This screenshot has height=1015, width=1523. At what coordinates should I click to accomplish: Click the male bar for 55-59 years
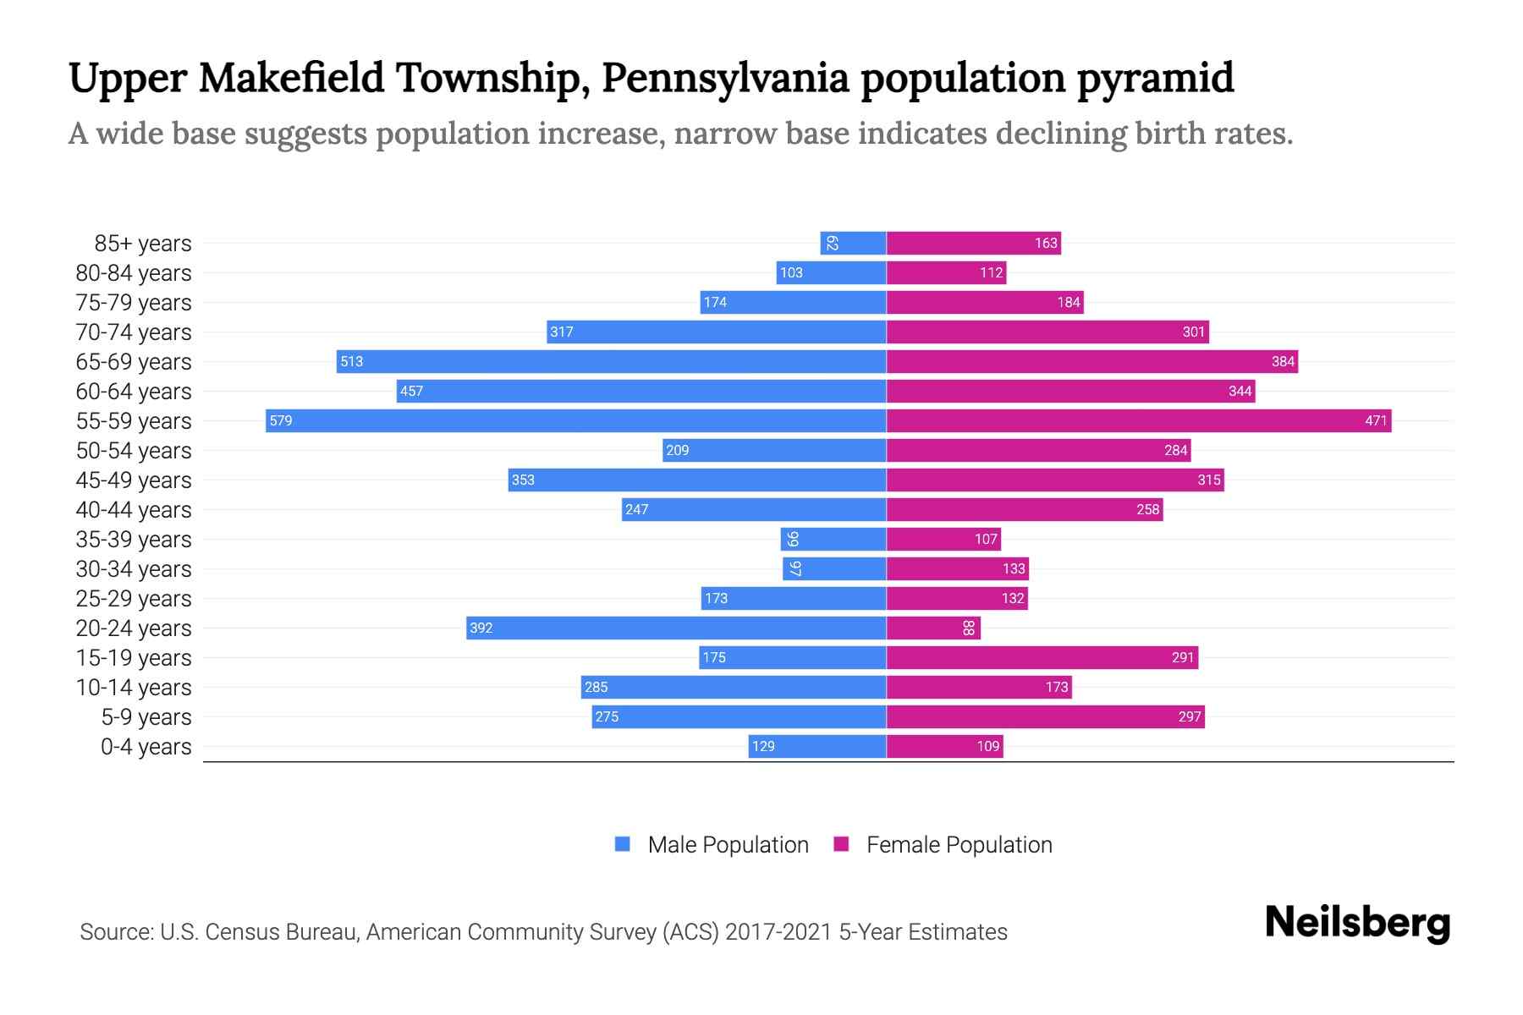(575, 420)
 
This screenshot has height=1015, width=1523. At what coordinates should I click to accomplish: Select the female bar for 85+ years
(973, 243)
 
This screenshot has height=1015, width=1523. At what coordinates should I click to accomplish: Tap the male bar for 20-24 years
(677, 628)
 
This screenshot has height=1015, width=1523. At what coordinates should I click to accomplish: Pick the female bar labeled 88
(933, 628)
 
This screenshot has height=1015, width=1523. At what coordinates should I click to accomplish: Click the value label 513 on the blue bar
(351, 361)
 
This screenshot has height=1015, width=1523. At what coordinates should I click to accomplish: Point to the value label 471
(1376, 420)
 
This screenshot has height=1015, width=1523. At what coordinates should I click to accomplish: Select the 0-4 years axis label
(146, 746)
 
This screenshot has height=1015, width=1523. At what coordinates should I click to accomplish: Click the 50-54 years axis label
(134, 450)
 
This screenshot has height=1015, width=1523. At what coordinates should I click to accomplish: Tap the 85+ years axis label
(143, 243)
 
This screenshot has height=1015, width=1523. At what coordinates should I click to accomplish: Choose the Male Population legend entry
(728, 844)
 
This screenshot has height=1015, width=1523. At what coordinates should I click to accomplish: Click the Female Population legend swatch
(841, 844)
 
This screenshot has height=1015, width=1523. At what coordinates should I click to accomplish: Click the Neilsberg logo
(1357, 923)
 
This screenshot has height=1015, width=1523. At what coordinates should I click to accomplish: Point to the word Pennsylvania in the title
(725, 78)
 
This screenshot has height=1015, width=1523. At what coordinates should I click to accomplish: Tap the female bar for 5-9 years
(1045, 716)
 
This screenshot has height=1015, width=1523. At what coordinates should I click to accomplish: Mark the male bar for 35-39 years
(833, 539)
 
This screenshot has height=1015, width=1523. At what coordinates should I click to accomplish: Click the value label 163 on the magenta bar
(1046, 243)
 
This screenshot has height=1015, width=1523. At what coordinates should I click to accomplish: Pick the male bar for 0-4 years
(817, 746)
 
